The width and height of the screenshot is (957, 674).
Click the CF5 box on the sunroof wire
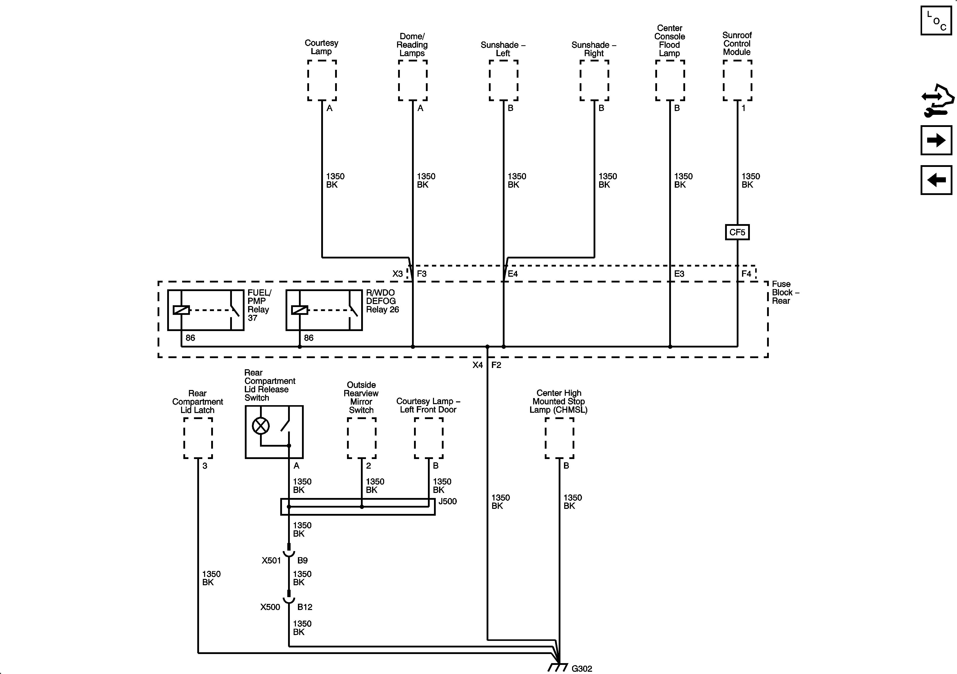point(737,232)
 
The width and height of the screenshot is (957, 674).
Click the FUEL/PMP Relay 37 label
point(259,305)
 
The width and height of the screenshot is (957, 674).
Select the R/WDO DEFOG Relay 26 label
point(382,301)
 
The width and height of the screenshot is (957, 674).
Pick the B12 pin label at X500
point(305,607)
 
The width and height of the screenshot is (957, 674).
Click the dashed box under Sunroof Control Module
point(737,80)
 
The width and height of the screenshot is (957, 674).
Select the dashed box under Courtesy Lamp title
point(322,80)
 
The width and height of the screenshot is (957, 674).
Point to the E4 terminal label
point(513,274)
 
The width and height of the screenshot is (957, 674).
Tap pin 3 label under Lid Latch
point(205,466)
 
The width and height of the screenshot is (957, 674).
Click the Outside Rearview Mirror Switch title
point(361,397)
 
